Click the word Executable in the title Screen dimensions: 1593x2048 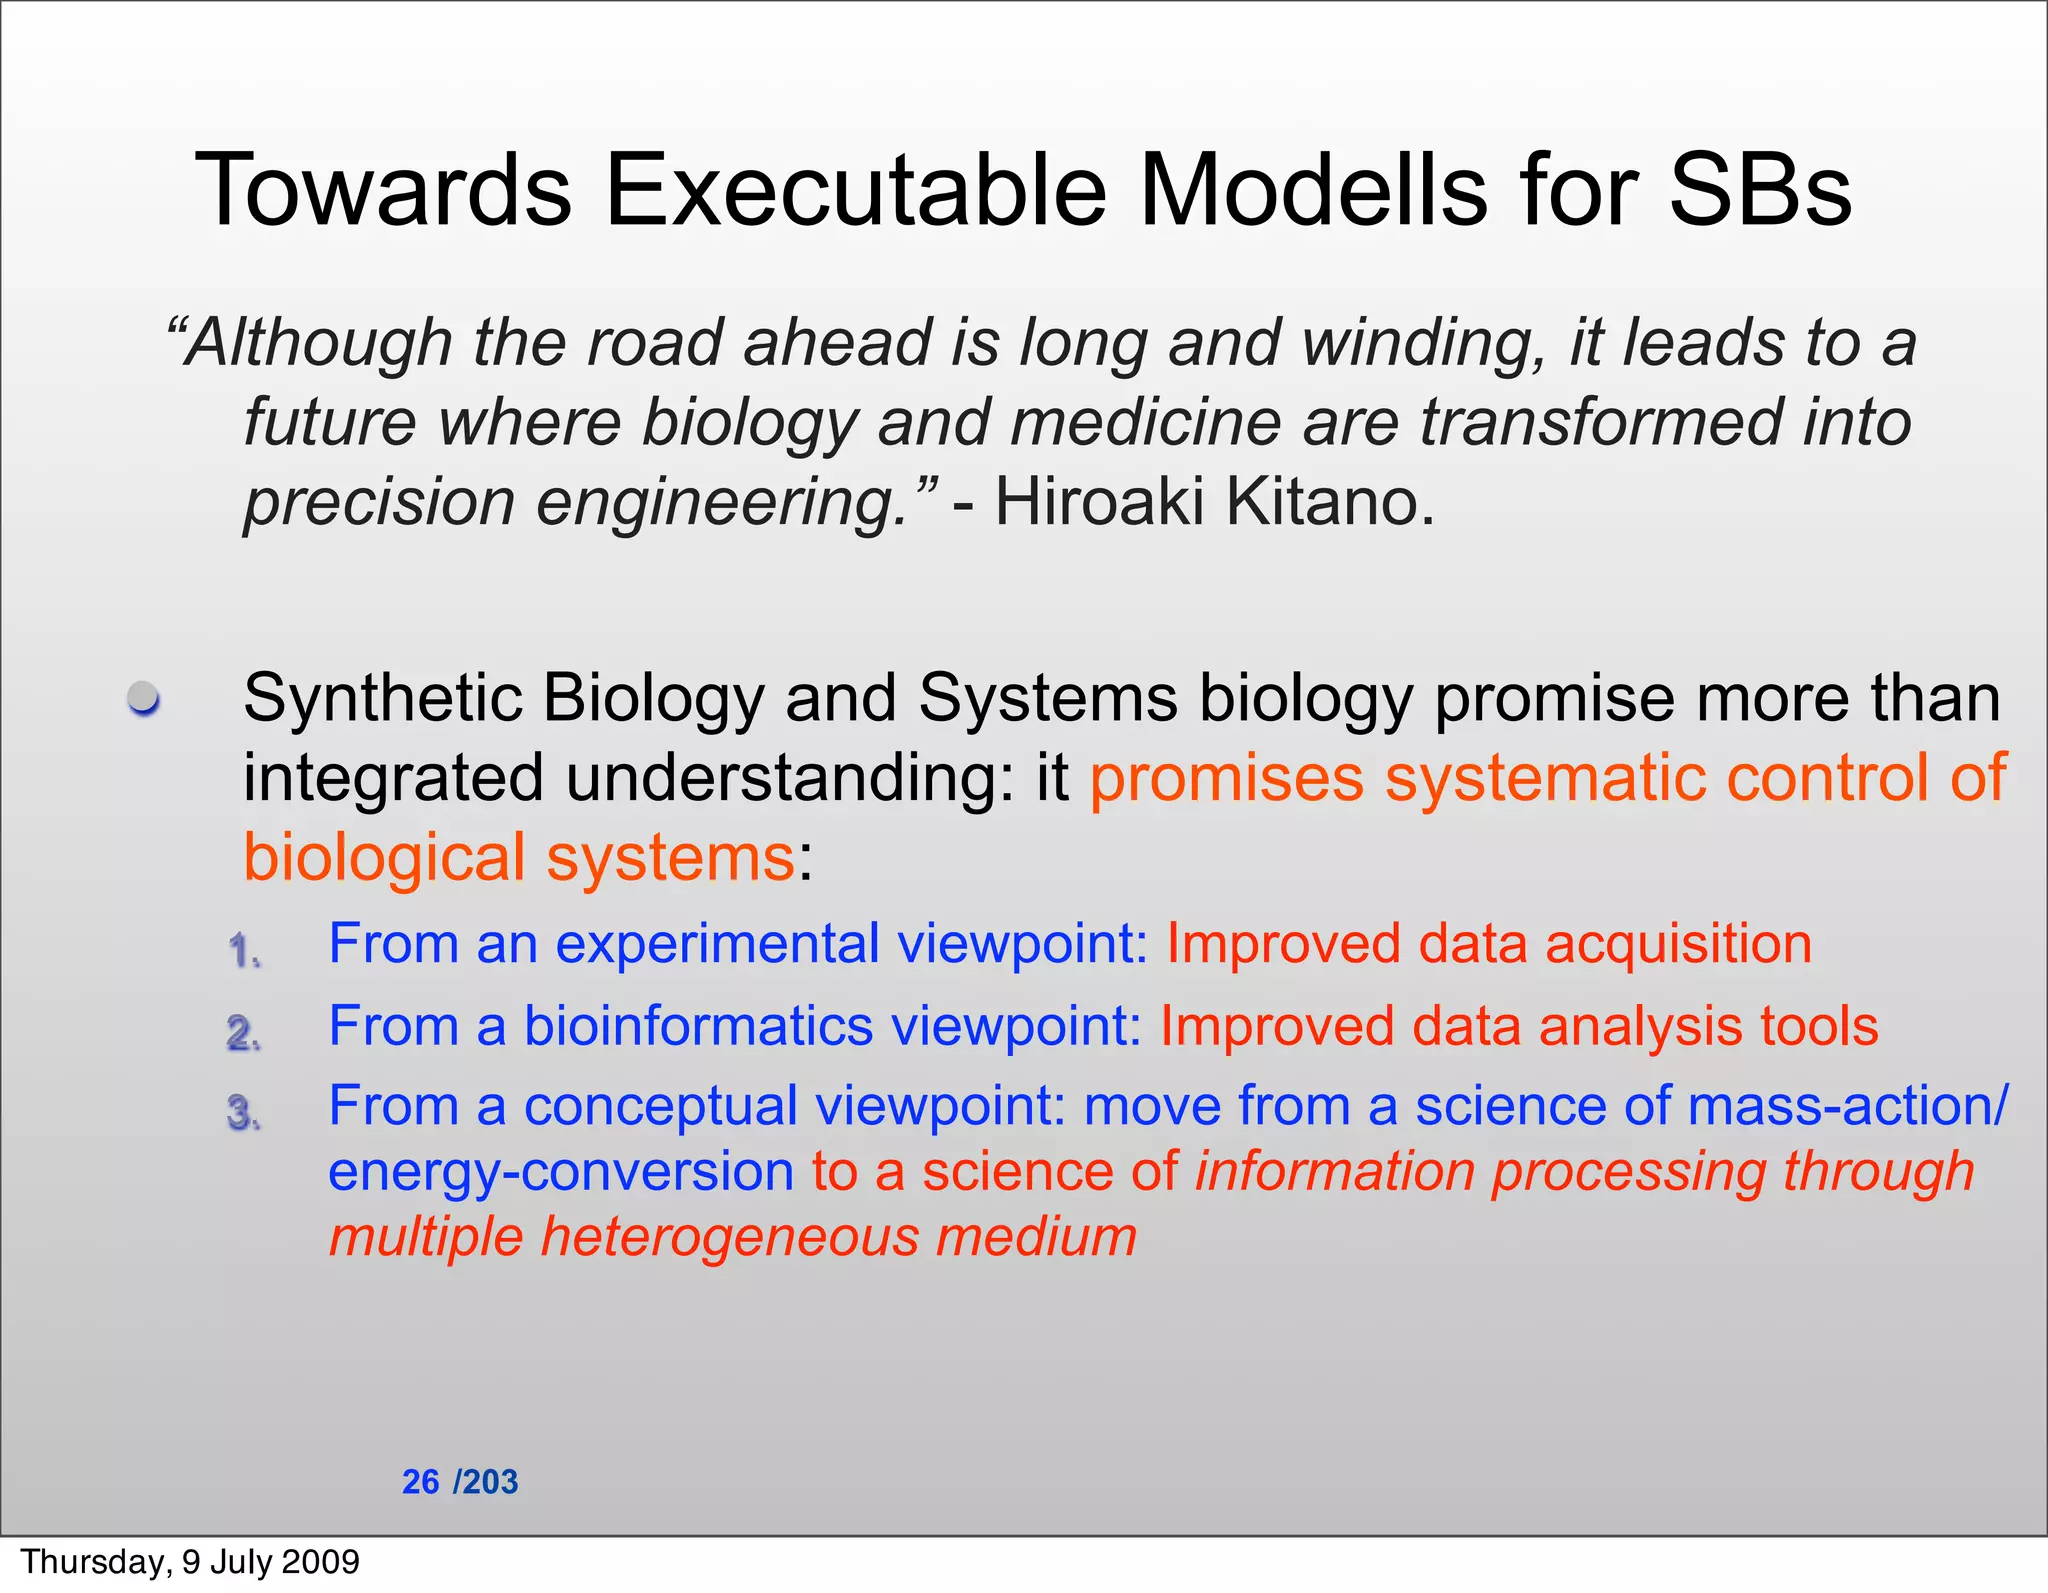pos(855,190)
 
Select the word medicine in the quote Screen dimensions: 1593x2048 pos(1145,422)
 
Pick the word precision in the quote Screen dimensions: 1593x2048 pos(379,503)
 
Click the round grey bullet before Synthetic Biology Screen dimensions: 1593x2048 pos(144,697)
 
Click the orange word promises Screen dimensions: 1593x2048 pos(1226,778)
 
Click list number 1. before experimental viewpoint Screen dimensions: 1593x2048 pos(244,950)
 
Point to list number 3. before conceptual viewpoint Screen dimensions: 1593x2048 pos(244,1113)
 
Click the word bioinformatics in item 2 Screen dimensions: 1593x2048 pos(698,1027)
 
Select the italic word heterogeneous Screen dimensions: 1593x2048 pos(728,1237)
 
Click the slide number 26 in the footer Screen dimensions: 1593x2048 pos(420,1482)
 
